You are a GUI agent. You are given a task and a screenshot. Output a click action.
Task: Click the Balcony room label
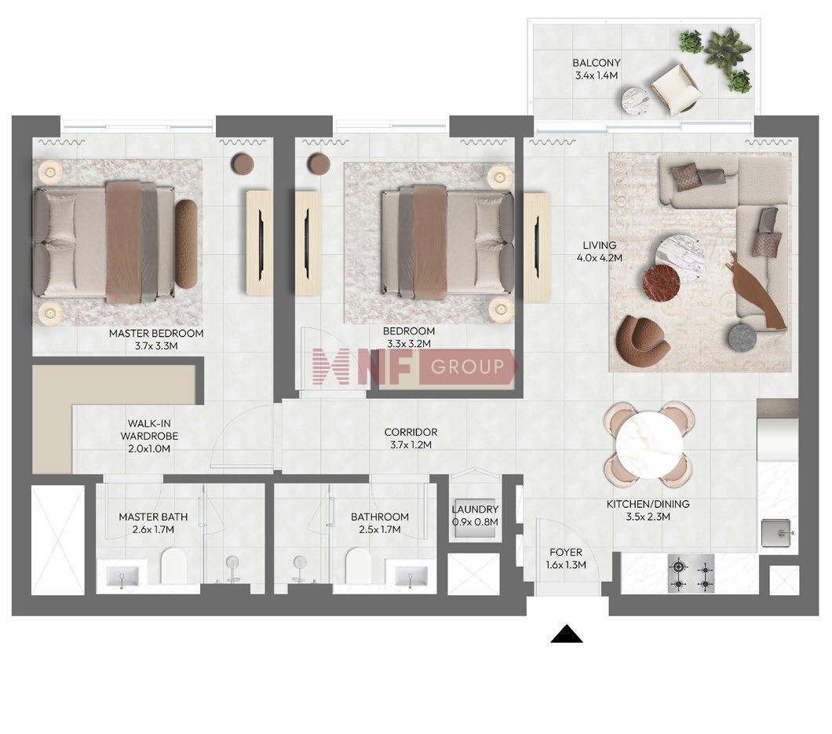[x=597, y=63]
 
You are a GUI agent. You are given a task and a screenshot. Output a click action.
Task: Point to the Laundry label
[x=475, y=509]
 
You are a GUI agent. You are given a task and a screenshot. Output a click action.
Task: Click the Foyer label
[x=566, y=552]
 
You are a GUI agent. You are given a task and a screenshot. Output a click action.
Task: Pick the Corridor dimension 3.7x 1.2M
[x=411, y=445]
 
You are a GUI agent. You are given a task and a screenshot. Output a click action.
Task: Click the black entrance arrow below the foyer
[x=567, y=634]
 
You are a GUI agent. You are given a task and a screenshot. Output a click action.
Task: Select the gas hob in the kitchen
[x=692, y=575]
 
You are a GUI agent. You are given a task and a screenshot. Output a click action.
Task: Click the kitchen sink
[x=779, y=532]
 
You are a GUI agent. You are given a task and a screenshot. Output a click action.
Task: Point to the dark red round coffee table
[x=661, y=283]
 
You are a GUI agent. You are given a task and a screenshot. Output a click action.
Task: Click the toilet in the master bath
[x=173, y=566]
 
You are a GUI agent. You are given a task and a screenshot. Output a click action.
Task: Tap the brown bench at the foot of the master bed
[x=186, y=243]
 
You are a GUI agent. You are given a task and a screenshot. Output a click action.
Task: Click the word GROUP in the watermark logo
[x=468, y=367]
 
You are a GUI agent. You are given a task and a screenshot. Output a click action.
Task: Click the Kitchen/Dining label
[x=648, y=504]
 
